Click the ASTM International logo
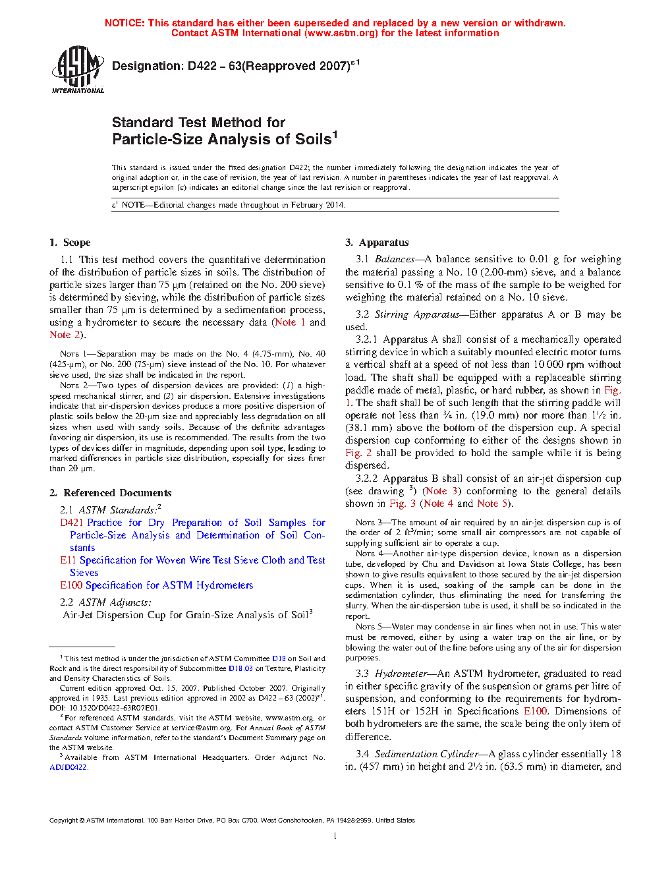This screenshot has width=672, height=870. [77, 69]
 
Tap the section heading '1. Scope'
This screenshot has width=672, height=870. [70, 243]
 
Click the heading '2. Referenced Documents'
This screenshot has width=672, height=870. [111, 493]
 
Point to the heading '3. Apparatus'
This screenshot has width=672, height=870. [377, 243]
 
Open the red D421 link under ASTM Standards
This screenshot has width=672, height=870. [72, 523]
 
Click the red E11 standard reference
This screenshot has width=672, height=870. [68, 560]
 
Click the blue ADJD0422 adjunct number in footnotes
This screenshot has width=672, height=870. [68, 767]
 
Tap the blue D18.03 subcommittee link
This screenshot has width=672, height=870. [240, 668]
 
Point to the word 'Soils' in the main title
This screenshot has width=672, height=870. [313, 139]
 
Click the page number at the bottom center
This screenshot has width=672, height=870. [335, 836]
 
